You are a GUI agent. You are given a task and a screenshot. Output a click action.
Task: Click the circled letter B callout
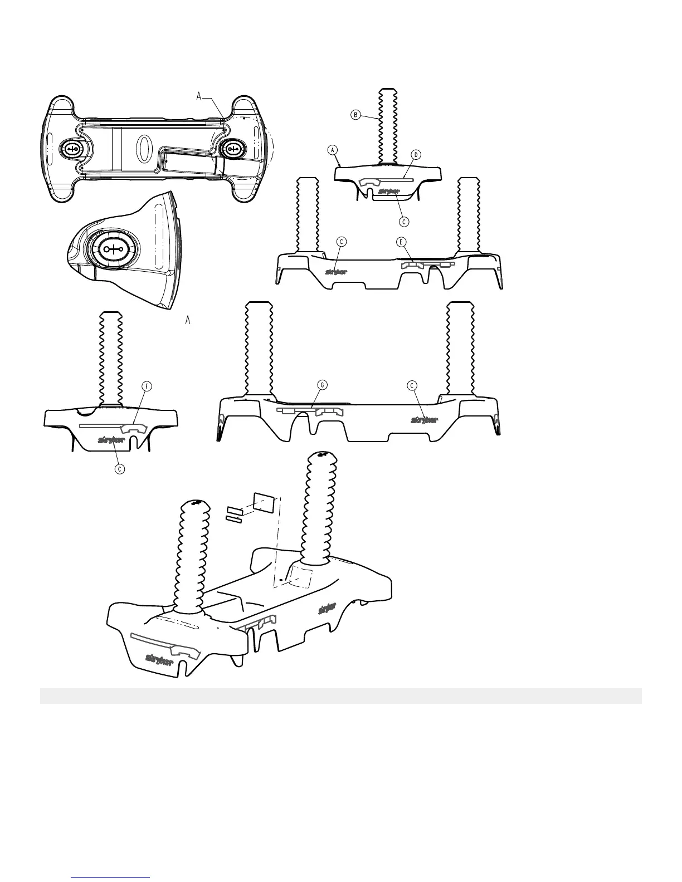[355, 115]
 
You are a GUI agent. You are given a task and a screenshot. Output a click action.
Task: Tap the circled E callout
[401, 242]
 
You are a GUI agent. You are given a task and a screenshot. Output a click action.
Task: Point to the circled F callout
[147, 386]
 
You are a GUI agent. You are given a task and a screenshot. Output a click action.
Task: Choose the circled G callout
[321, 385]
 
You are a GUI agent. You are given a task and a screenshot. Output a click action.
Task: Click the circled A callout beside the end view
[333, 150]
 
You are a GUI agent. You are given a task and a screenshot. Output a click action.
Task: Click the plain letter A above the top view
[198, 97]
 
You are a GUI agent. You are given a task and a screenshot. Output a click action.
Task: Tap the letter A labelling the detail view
[188, 321]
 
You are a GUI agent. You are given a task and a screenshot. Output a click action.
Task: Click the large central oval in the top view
[143, 148]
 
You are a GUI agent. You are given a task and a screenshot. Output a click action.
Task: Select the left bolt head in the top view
[74, 148]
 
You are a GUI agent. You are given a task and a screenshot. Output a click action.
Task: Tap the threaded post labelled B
[388, 125]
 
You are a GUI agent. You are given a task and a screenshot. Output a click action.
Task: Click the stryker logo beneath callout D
[388, 193]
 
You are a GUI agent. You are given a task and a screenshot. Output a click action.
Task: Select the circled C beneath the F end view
[119, 468]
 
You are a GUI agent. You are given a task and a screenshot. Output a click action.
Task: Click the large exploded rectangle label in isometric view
[264, 502]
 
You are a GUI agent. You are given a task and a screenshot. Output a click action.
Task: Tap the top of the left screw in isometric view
[195, 504]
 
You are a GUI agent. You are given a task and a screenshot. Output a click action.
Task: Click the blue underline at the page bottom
[111, 877]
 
